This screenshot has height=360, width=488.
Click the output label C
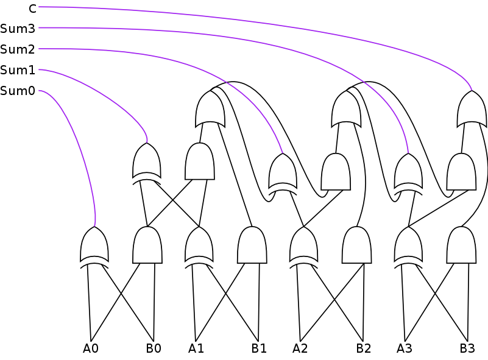32,8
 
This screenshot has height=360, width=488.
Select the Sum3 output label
18,28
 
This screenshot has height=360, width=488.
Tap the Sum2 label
18,49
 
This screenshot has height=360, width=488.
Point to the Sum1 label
18,70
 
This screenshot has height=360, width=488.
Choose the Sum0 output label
18,91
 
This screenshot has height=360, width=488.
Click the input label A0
90,349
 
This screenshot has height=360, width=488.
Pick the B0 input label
153,349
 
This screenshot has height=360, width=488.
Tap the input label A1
196,349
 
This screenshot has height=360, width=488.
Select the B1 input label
258,349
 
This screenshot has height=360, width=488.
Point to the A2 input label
300,349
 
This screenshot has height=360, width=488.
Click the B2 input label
363,349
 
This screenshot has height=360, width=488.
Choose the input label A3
405,349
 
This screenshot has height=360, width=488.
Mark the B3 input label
467,349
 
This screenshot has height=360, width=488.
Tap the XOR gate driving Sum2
283,172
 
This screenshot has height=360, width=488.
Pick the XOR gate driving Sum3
408,172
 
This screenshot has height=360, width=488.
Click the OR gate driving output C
472,109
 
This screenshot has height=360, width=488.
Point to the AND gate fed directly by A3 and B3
461,245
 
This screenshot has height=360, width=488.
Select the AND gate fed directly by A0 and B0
147,245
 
